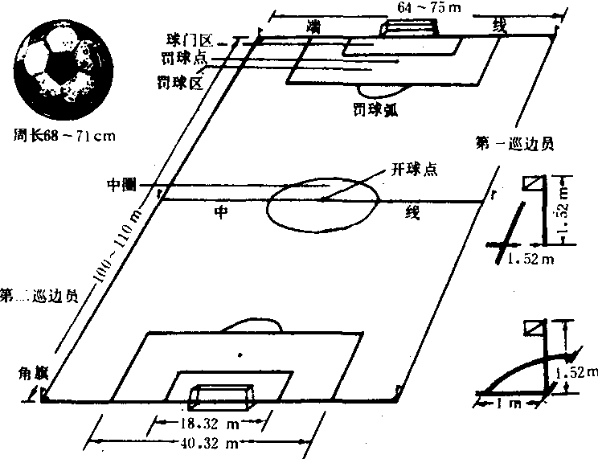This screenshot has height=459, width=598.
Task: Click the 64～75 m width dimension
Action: pyautogui.click(x=424, y=6)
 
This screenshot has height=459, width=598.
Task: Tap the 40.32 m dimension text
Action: pyautogui.click(x=199, y=444)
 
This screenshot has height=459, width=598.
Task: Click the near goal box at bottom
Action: pyautogui.click(x=223, y=396)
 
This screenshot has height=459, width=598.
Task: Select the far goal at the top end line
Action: pyautogui.click(x=410, y=26)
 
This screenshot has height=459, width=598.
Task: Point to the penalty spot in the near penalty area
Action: pyautogui.click(x=239, y=353)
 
